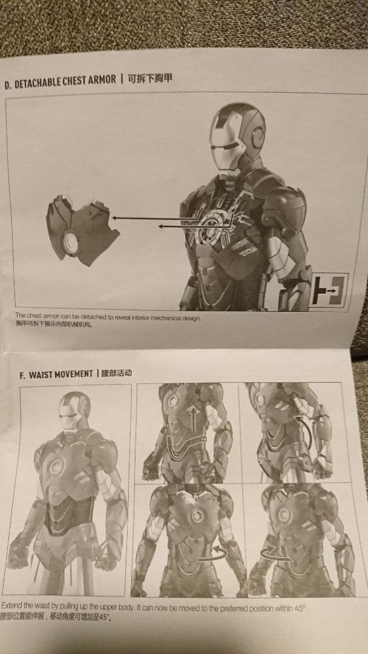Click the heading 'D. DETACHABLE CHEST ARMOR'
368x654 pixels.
coord(60,82)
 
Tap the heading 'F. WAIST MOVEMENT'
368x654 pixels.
coord(56,374)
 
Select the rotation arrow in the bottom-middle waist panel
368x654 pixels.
coord(213,553)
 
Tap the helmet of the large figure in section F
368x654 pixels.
coord(74,412)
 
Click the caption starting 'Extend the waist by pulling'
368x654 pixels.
coord(151,607)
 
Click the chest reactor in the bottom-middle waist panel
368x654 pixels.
coord(196,516)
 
